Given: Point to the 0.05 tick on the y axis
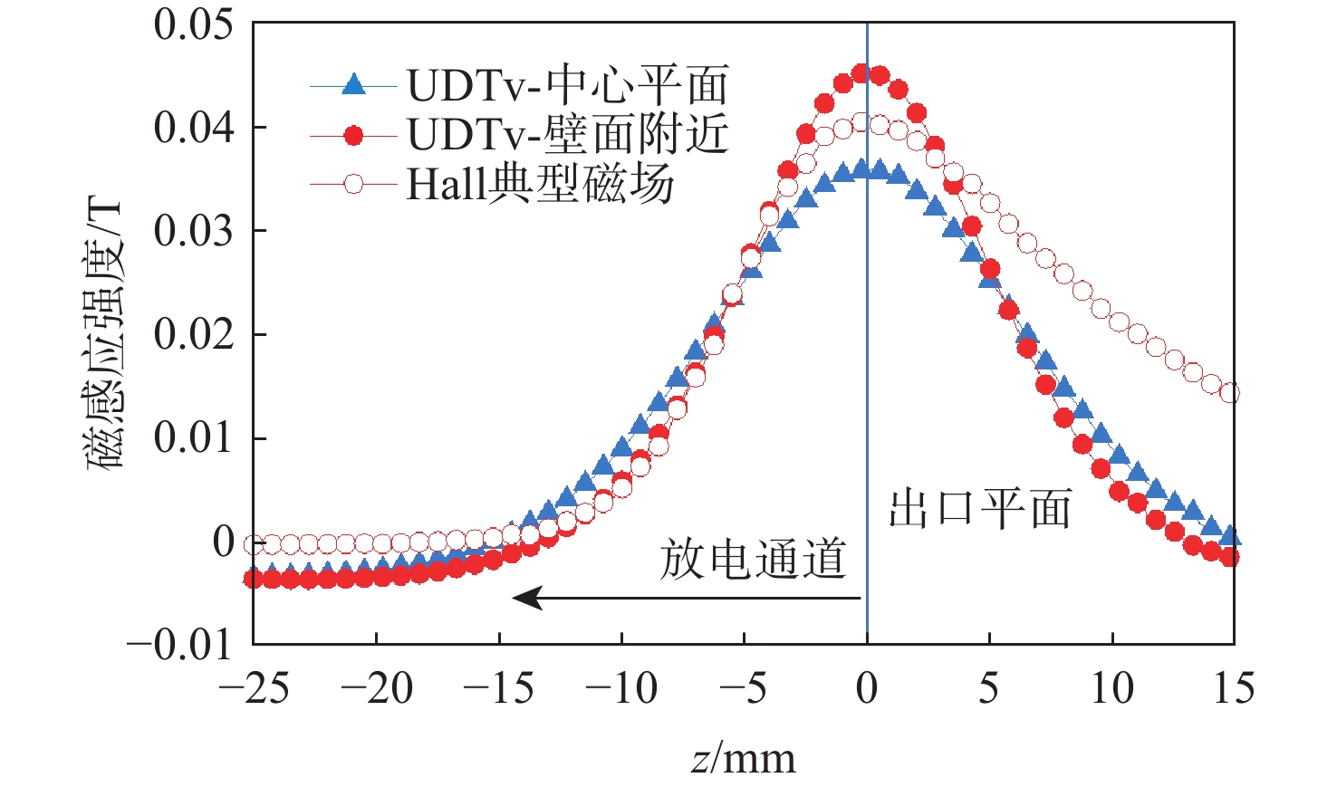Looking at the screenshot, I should point(193,24).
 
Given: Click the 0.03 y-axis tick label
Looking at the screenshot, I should point(193,231).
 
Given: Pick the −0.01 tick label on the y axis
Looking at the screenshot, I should point(179,646).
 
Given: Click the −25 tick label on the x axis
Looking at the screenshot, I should point(254,689).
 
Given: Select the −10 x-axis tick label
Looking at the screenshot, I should point(621,689).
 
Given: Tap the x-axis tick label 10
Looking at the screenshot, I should point(1111,689).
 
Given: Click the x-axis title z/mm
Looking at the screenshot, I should point(743,758).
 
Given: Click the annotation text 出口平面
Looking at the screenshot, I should point(980,508).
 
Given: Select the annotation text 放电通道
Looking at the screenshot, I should point(753,559).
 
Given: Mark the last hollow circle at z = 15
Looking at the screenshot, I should point(1229,393).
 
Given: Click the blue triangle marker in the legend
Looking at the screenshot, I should point(354,86).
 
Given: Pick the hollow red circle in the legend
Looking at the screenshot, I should point(354,185).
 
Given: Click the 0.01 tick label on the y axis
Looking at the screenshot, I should point(193,438).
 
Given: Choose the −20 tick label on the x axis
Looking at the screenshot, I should point(376,689).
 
